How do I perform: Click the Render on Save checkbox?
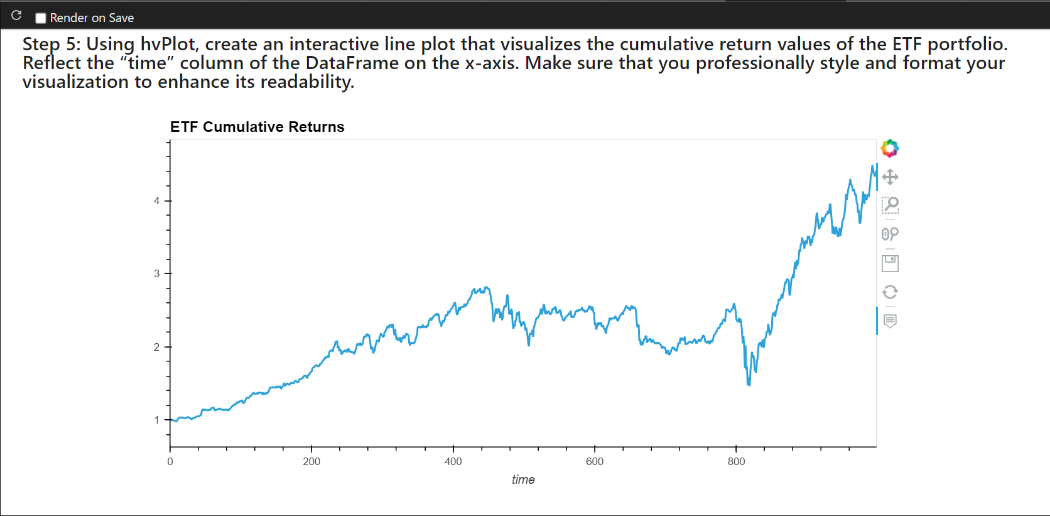[x=41, y=18]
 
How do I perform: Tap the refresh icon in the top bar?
[x=17, y=16]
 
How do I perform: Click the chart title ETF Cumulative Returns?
[x=257, y=127]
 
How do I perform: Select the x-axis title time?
[x=523, y=480]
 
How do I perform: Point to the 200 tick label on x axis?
[x=311, y=462]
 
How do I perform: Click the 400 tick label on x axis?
[x=453, y=462]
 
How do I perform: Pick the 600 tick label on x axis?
[x=595, y=462]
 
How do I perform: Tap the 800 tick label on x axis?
[x=736, y=462]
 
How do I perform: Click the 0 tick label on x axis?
[x=170, y=462]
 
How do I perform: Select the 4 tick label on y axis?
[x=157, y=201]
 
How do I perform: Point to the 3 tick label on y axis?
[x=157, y=273]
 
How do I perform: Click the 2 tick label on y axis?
[x=157, y=347]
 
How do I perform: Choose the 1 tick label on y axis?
[x=157, y=420]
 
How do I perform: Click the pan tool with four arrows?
[x=890, y=177]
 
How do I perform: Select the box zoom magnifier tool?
[x=890, y=205]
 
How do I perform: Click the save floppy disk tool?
[x=890, y=263]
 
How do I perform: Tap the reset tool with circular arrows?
[x=890, y=292]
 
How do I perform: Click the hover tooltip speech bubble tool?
[x=890, y=321]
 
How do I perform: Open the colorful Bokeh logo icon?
[x=890, y=149]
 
